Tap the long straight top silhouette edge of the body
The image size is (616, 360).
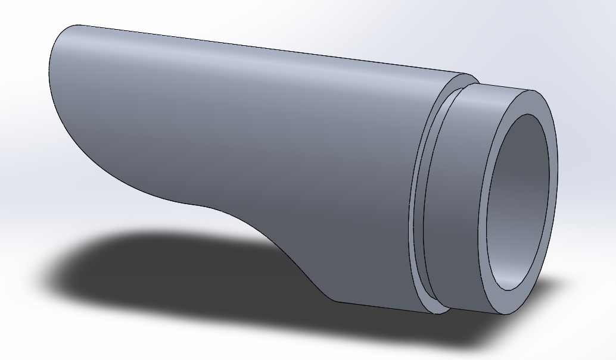[268, 50]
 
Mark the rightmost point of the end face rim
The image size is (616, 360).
[558, 179]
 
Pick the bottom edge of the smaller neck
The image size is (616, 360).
[477, 312]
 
